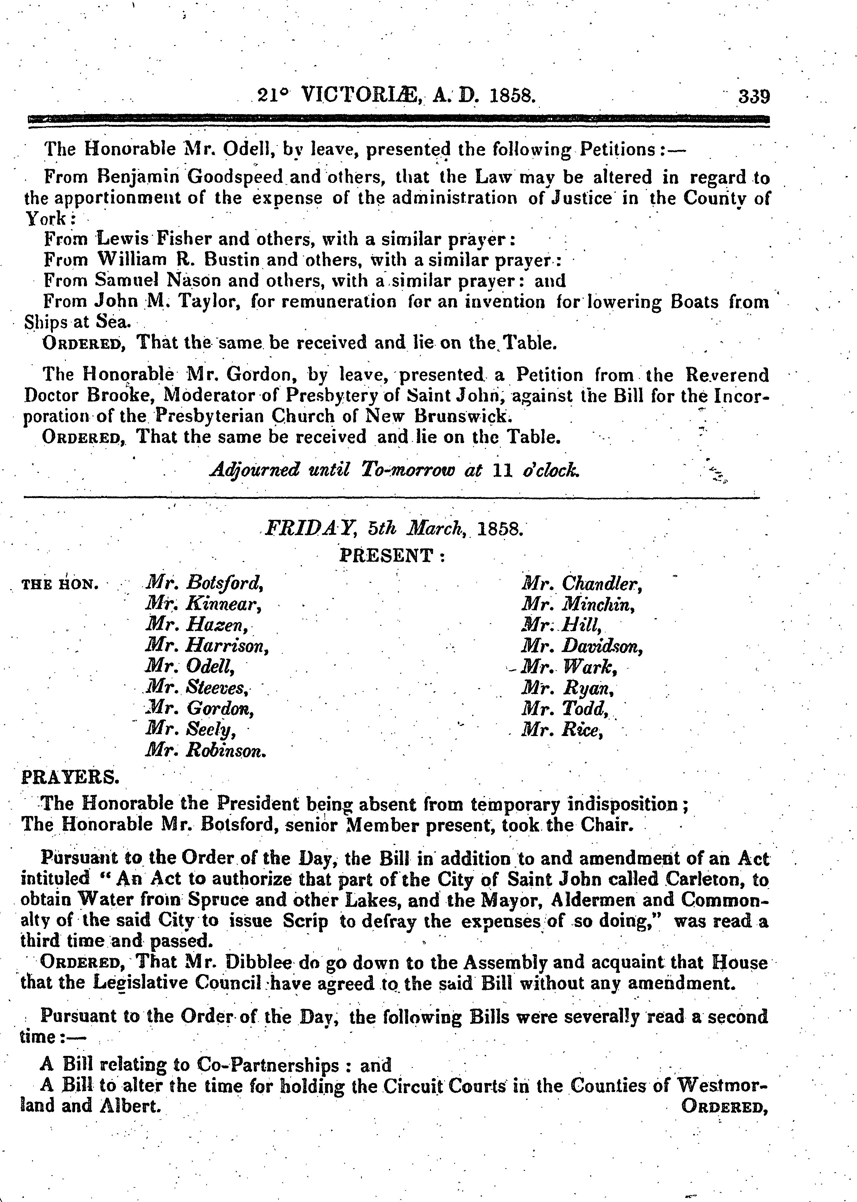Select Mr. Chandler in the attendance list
[582, 583]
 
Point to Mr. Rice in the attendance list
[561, 730]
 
